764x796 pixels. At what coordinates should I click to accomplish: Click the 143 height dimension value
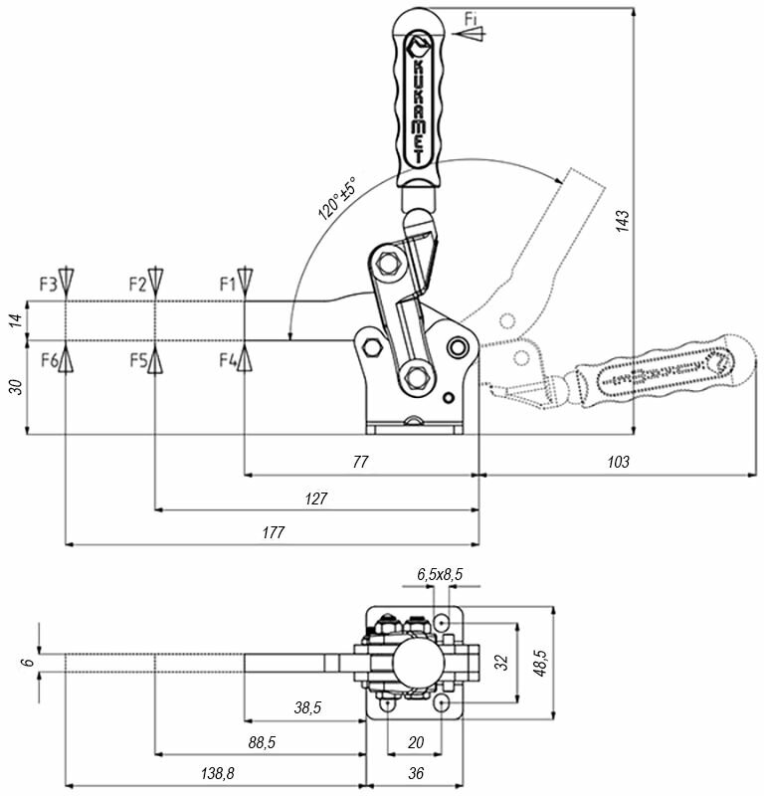tap(622, 221)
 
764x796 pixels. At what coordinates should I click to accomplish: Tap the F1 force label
tap(228, 285)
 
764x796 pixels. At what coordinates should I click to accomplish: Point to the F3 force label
tap(49, 285)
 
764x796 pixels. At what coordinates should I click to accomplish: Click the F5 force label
tap(138, 359)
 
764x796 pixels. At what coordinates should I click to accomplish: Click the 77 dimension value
tap(360, 463)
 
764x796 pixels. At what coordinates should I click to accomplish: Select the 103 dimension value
tap(619, 463)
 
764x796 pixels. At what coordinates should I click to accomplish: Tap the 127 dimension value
tap(316, 498)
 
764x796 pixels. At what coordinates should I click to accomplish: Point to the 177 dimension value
tap(273, 533)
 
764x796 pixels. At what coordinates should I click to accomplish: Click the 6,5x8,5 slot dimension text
tap(439, 574)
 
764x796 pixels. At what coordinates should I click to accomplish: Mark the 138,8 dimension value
tap(215, 772)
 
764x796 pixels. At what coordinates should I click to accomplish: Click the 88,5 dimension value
tap(260, 741)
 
